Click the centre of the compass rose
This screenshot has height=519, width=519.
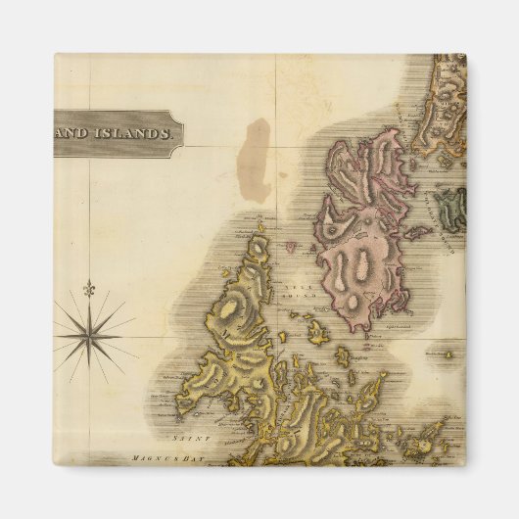[x=90, y=335]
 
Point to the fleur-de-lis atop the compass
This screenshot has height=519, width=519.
[x=90, y=290]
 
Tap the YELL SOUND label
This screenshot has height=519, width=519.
[x=297, y=294]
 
